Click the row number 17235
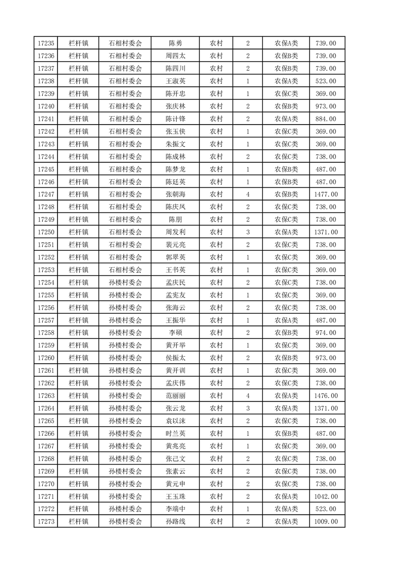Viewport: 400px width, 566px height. click(46, 43)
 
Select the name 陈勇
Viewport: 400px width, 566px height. click(175, 43)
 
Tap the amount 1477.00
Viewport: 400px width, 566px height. click(326, 194)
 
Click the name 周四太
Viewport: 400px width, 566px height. click(175, 56)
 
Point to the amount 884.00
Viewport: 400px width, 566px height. click(326, 119)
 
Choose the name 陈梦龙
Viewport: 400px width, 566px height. click(175, 169)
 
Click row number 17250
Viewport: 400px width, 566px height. click(46, 232)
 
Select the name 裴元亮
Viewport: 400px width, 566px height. click(175, 245)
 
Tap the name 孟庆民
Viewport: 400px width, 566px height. click(175, 282)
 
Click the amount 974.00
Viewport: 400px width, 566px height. click(326, 332)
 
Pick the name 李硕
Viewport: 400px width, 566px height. click(175, 332)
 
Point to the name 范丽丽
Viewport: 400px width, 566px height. click(175, 395)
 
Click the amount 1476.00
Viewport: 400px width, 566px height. click(326, 395)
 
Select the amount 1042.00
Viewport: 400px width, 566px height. click(326, 496)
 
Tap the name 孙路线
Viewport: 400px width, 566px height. click(175, 522)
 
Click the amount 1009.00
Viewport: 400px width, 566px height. click(326, 522)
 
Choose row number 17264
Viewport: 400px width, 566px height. click(46, 408)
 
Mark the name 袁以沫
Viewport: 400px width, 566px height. click(175, 421)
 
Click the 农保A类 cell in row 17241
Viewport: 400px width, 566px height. click(286, 119)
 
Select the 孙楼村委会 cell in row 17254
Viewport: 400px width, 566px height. click(126, 282)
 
